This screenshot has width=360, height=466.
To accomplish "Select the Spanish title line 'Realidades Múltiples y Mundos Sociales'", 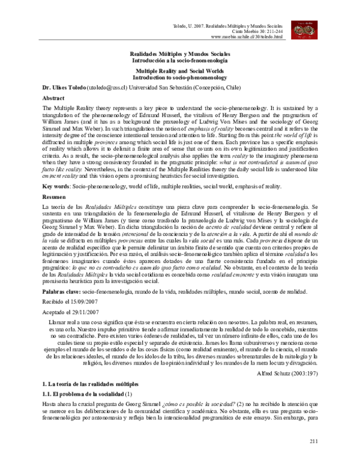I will pyautogui.click(x=179, y=54).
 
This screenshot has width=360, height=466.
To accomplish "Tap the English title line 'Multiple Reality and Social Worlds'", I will pyautogui.click(x=179, y=70).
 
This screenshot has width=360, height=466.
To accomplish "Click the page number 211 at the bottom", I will pyautogui.click(x=313, y=441).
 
